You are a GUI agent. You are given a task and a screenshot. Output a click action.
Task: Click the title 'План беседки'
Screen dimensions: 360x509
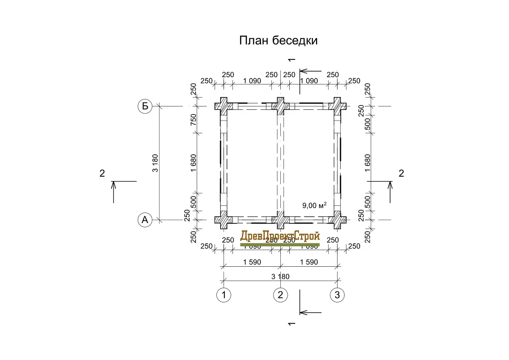[279, 41]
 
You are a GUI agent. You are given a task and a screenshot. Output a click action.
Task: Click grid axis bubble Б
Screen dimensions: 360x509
[145, 106]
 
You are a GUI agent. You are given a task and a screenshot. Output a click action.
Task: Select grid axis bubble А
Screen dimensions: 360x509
[145, 220]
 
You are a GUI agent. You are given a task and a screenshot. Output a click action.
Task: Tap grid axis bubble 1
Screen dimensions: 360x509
[224, 294]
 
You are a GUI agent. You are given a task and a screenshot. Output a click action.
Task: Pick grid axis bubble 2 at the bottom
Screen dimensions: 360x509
[280, 294]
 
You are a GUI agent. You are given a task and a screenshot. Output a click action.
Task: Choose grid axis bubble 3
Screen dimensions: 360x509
[337, 294]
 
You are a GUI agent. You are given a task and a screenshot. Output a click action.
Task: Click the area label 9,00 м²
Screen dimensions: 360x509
[314, 206]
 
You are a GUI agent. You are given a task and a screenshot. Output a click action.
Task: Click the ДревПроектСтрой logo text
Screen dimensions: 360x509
[280, 237]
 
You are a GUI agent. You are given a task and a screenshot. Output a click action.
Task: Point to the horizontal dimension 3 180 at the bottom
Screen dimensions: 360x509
[280, 276]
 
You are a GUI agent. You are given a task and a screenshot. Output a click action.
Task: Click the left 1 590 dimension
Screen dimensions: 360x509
[252, 262]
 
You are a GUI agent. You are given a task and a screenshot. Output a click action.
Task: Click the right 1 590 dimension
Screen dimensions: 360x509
[308, 262]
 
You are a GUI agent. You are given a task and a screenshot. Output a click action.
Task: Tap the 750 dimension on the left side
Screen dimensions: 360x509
[193, 120]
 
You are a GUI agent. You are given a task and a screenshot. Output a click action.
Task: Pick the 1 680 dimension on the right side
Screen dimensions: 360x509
[367, 163]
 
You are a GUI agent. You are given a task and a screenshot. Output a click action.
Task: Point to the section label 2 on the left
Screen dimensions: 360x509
[102, 173]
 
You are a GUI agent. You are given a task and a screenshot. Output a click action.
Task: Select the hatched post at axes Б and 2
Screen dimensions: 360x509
[280, 106]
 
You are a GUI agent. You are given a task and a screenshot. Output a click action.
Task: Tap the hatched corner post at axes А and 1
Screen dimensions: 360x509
[224, 220]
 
